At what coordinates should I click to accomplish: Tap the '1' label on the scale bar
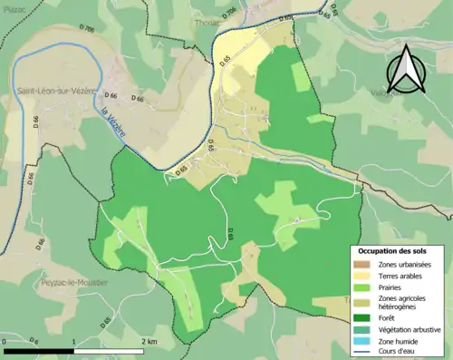(73, 341)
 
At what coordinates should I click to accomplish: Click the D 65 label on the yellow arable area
(225, 62)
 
